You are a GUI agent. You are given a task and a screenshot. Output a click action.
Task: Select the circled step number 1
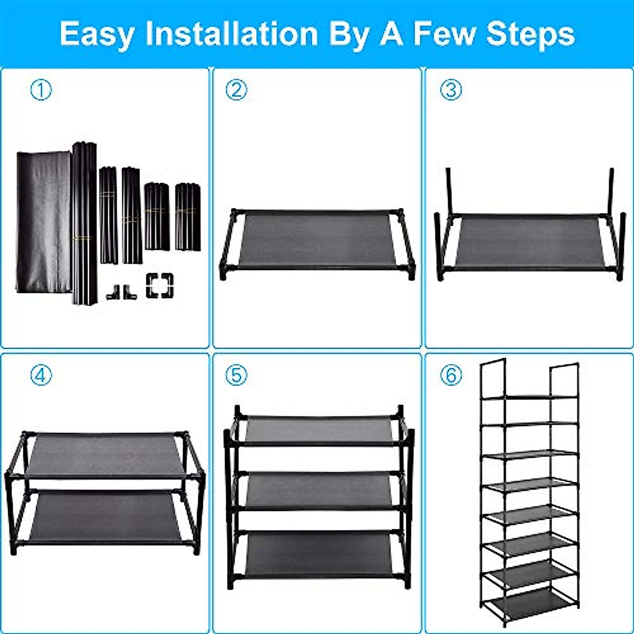pos(41,90)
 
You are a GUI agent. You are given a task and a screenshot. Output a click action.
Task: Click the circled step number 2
pos(236,90)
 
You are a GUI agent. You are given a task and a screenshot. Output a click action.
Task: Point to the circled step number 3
pos(451,90)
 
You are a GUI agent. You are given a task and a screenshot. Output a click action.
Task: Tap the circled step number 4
pos(41,376)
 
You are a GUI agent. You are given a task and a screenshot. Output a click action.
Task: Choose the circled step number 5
pos(236,376)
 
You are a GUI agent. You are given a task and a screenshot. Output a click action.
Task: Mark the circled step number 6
pos(451,376)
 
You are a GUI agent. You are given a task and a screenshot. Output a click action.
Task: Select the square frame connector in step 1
pos(160,285)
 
